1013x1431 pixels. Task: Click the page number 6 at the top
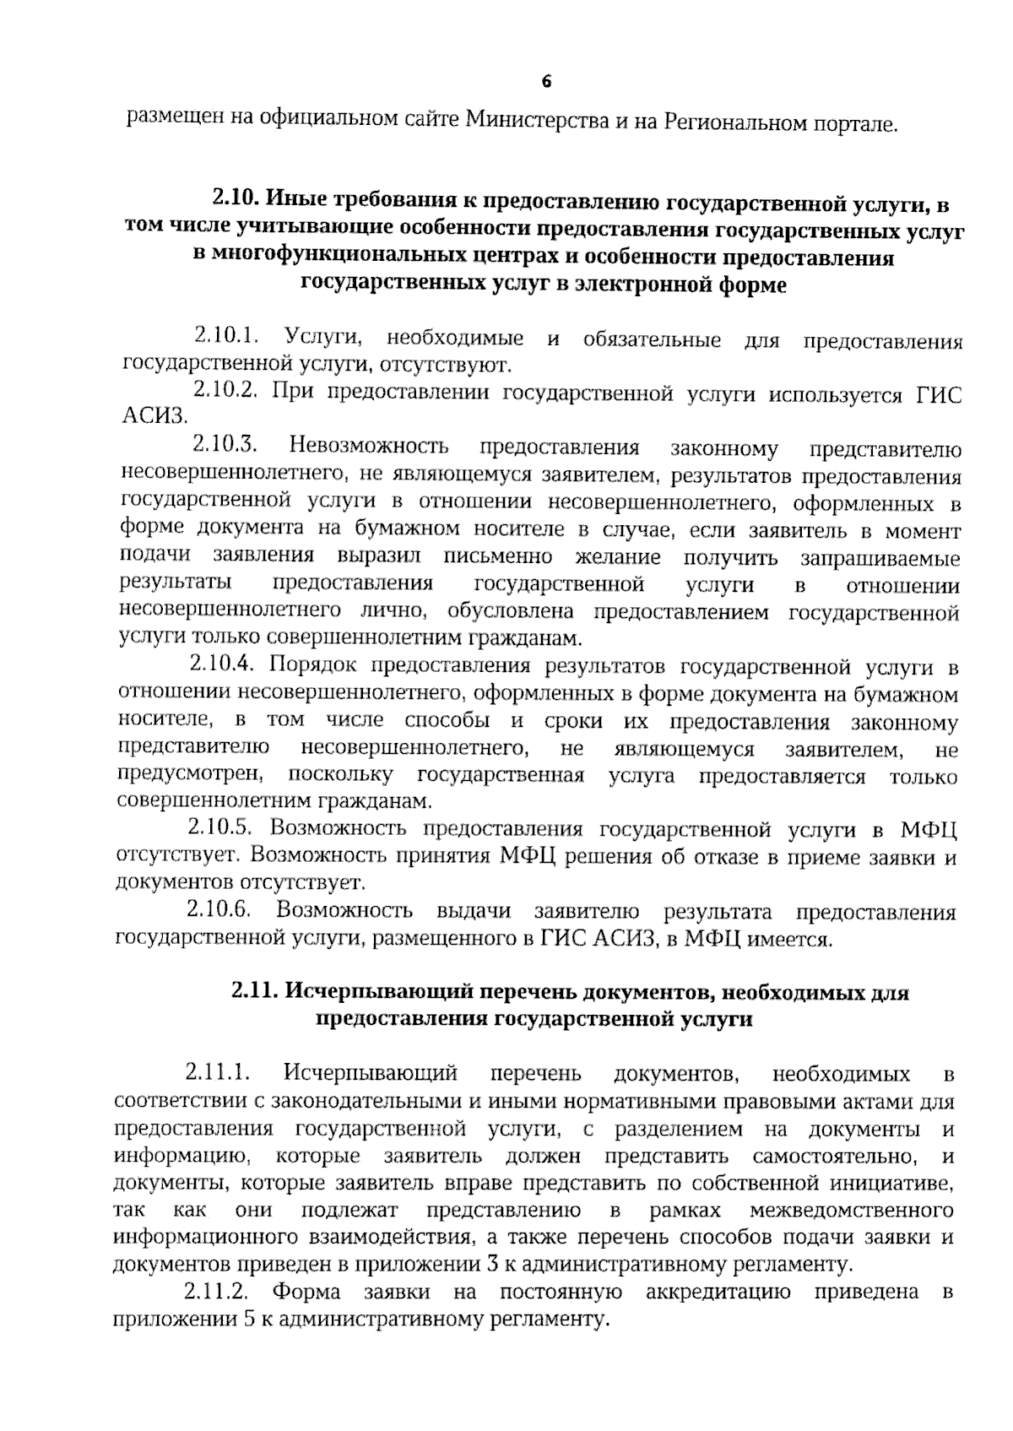click(x=545, y=82)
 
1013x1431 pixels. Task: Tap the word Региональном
click(x=735, y=122)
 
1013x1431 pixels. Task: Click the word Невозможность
click(x=369, y=446)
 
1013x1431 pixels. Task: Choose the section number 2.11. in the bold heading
click(x=254, y=991)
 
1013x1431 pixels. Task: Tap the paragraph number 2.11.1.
click(x=217, y=1074)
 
